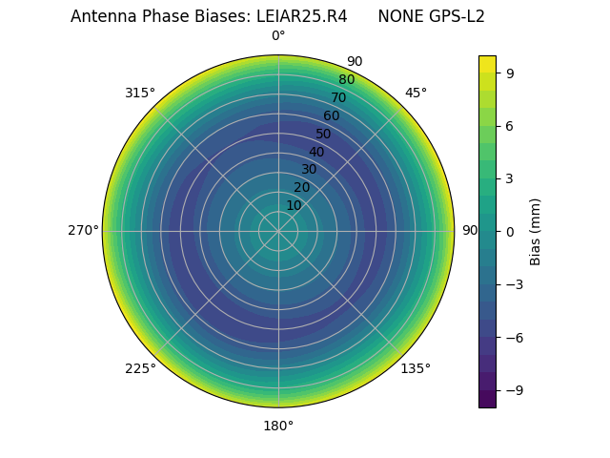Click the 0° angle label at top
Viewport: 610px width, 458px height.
[278, 36]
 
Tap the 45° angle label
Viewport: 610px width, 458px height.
[416, 93]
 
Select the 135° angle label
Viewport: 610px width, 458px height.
[416, 368]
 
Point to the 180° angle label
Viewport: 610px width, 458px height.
[278, 426]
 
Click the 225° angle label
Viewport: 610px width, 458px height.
[140, 368]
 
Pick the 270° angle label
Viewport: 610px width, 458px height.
[83, 231]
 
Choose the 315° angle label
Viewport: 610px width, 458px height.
[140, 93]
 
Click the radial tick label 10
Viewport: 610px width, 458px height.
[294, 205]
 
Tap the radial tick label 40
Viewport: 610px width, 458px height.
[316, 152]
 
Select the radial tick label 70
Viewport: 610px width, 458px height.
[338, 97]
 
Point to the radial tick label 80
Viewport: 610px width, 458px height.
[346, 79]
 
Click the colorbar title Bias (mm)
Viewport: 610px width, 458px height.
[536, 231]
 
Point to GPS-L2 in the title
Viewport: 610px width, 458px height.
[457, 16]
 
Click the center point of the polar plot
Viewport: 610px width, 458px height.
[278, 231]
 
